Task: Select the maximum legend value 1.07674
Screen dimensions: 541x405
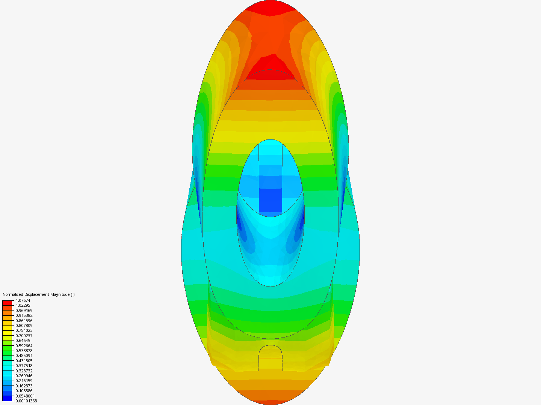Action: click(23, 300)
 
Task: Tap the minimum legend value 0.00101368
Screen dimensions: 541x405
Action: click(26, 401)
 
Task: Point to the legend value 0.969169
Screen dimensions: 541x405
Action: click(24, 310)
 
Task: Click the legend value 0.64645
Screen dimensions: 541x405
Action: click(23, 340)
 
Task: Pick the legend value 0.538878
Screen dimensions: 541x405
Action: click(24, 351)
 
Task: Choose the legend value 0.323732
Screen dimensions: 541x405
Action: click(24, 371)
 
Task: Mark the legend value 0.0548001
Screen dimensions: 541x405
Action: click(25, 396)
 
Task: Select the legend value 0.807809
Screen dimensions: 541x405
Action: click(24, 325)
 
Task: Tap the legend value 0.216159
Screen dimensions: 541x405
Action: click(24, 381)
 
